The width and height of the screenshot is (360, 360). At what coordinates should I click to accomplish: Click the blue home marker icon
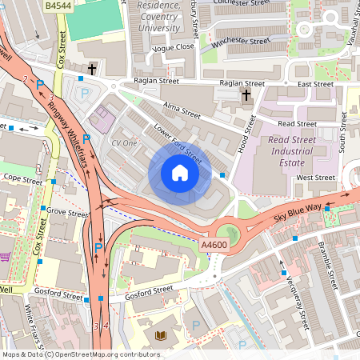[x=180, y=173]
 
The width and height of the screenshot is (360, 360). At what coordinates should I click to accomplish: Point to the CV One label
[x=125, y=142]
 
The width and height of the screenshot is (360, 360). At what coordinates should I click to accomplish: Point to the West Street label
[x=315, y=177]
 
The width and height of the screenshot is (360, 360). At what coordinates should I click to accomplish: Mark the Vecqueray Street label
[x=293, y=295]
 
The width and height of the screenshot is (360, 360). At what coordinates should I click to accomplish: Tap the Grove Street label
[x=67, y=214]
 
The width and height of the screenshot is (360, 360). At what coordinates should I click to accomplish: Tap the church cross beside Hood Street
[x=246, y=97]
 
